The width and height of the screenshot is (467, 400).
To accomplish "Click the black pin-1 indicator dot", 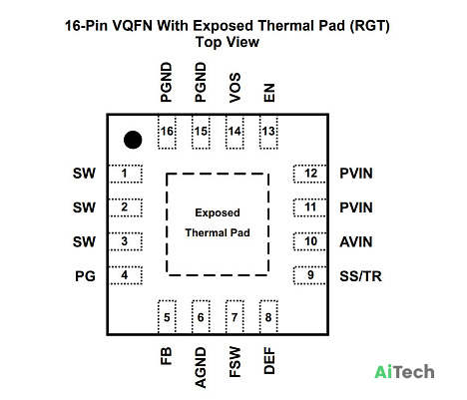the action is (x=133, y=140).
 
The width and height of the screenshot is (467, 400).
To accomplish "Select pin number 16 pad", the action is (x=167, y=132).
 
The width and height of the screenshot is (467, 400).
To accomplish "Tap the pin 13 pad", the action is (x=268, y=132).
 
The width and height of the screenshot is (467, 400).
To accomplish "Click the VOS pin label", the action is (x=234, y=88).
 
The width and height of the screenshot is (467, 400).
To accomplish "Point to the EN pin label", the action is (x=269, y=93).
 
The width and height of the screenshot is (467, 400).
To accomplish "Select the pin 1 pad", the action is (x=126, y=174).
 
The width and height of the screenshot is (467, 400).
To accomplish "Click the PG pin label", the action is (x=85, y=276).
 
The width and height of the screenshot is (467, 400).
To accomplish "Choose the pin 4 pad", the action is (x=126, y=275).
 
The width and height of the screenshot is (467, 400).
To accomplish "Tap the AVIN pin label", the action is (x=355, y=241).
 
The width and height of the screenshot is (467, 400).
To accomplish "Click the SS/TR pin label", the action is (x=360, y=276).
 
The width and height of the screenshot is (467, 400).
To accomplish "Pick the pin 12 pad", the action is (x=309, y=174).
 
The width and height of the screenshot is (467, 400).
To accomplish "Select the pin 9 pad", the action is (x=309, y=275).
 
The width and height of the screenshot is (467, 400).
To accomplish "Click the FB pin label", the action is (x=167, y=356).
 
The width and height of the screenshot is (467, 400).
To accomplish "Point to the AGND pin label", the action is (x=201, y=368).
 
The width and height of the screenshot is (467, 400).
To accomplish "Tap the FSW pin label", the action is (x=234, y=362).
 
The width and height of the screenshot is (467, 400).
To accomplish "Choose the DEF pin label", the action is (x=269, y=361).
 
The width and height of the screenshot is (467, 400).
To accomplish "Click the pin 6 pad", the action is (x=201, y=317).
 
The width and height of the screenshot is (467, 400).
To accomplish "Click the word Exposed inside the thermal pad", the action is (x=218, y=212).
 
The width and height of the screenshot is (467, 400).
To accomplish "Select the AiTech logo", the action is (x=404, y=372).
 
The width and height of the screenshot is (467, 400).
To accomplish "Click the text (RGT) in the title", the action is (x=369, y=26).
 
